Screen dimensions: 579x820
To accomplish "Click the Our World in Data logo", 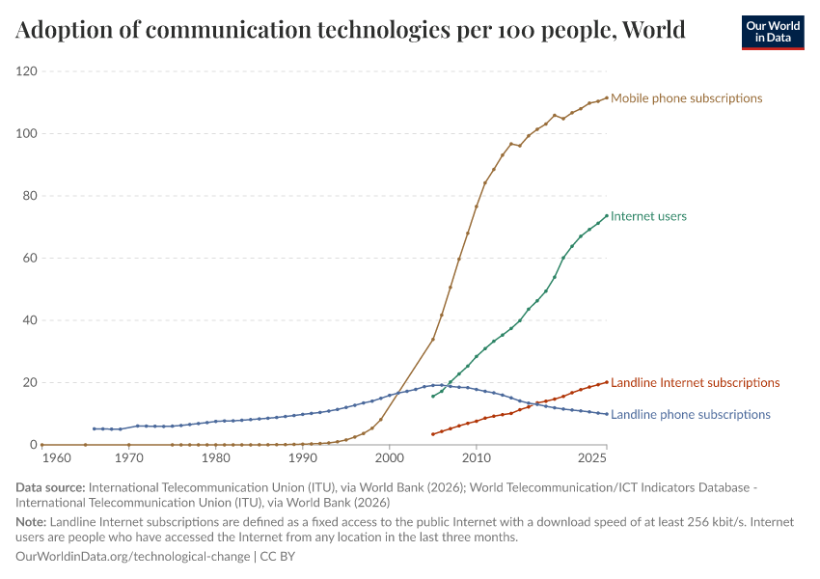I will click(x=773, y=32).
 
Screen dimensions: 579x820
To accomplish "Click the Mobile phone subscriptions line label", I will click(x=686, y=98).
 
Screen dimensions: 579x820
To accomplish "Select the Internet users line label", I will click(x=648, y=217).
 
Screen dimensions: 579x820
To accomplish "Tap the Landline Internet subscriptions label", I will click(x=695, y=383).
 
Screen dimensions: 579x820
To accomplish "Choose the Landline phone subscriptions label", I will click(x=691, y=415).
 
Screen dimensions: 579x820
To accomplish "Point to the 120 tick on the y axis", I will click(x=26, y=71).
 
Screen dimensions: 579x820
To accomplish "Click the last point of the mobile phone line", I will click(x=607, y=97).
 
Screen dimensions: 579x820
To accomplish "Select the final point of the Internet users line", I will click(x=607, y=216).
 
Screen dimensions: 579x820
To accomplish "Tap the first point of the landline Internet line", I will click(x=433, y=434).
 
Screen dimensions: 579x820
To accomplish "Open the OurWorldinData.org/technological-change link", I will click(x=133, y=558).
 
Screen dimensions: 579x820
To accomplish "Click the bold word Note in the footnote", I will click(x=31, y=522).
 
